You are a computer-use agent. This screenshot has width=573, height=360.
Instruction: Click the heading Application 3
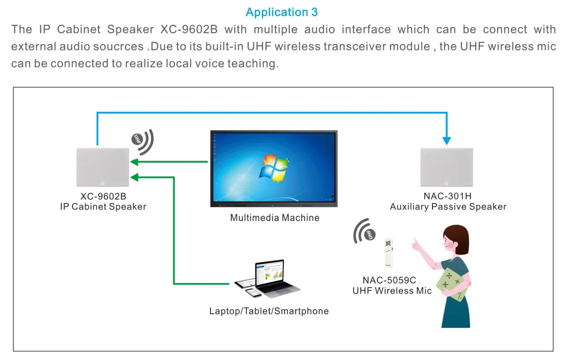pos(281,12)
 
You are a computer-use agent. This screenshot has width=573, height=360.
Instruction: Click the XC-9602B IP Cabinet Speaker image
pos(103,167)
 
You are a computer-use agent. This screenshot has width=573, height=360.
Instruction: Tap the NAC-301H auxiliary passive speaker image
pos(447,167)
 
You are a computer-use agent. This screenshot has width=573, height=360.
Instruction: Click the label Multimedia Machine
pos(275,218)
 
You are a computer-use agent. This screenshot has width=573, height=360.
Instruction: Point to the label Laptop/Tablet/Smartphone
pos(269,311)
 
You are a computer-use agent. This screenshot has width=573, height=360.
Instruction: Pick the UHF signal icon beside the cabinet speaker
pos(142,141)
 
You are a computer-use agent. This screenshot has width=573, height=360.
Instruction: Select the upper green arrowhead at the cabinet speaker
pos(134,161)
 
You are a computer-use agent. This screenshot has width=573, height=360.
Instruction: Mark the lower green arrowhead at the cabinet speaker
pos(134,177)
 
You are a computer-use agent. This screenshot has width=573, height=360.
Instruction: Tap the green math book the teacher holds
pos(452,283)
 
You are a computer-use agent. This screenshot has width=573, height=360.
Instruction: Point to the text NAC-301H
pos(447,196)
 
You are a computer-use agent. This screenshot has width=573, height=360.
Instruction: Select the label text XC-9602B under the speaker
pos(103,196)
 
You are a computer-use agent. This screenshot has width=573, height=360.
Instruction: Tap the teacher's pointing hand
pos(416,244)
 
